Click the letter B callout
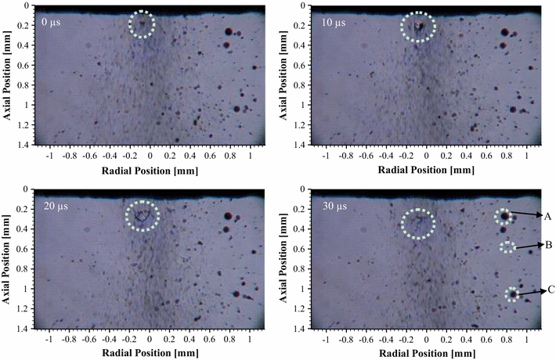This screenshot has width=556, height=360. tap(547, 244)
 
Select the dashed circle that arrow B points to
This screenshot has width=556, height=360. tap(508, 247)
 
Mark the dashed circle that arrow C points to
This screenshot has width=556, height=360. tap(512, 294)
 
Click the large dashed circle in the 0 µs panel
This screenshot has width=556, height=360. tap(142, 25)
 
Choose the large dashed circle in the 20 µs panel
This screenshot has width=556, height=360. tap(143, 214)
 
